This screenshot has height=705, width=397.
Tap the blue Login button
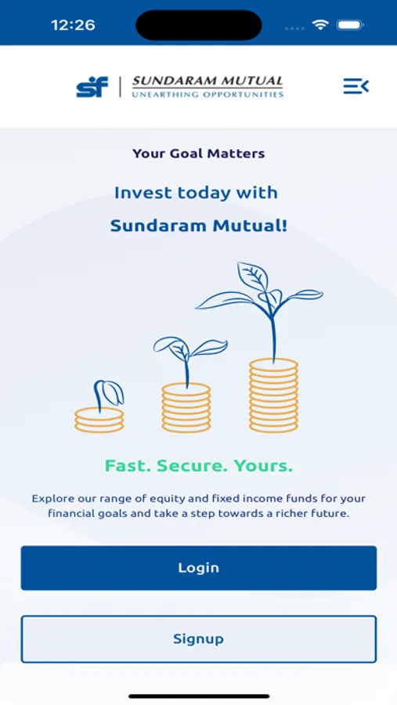[x=198, y=568]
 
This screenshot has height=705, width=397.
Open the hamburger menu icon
[x=356, y=86]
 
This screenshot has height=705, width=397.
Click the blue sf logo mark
[x=92, y=87]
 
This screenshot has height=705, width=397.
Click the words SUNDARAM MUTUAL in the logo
[x=208, y=81]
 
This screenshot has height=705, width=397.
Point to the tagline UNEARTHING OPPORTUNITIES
[x=208, y=95]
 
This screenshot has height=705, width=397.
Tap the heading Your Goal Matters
[x=198, y=154]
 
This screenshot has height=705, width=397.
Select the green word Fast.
[x=128, y=466]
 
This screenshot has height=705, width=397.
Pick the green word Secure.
[x=192, y=466]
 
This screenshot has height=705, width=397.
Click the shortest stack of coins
[x=99, y=420]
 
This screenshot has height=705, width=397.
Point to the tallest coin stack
[x=274, y=396]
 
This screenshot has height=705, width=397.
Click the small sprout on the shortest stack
[x=108, y=394]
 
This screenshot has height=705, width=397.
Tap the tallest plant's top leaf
[x=253, y=275]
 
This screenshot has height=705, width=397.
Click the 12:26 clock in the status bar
[x=73, y=25]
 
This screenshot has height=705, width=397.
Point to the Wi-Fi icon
[x=320, y=25]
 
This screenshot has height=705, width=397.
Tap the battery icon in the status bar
[x=351, y=25]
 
